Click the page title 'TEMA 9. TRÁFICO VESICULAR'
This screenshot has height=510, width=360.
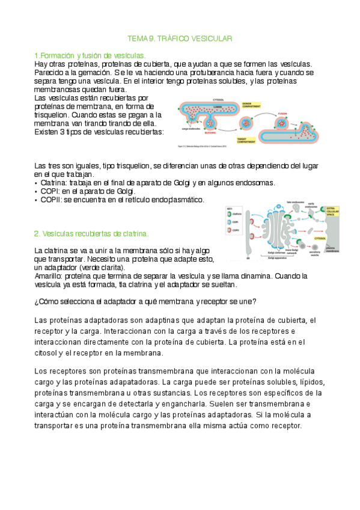(181, 38)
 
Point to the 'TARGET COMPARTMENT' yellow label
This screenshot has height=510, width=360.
(261, 138)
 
